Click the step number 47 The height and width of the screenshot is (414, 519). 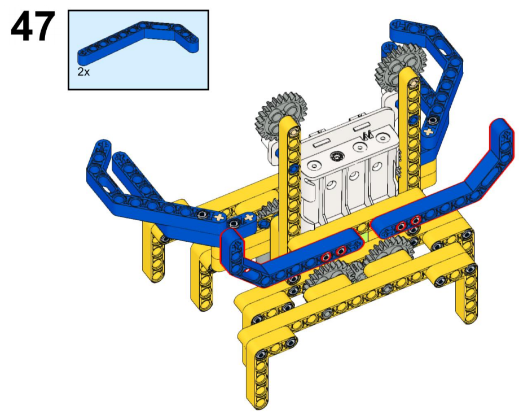33,27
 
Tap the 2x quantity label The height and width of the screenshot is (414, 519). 83,72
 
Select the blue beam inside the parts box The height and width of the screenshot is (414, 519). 138,41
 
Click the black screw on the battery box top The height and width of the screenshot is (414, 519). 337,155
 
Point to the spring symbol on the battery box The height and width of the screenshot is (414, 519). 367,134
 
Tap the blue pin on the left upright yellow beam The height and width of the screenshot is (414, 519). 293,169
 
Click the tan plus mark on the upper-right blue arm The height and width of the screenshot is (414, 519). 429,132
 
